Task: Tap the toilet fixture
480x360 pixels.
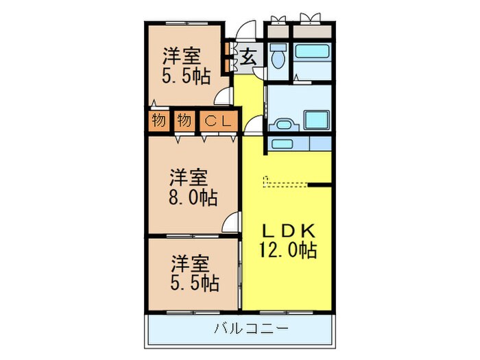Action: coord(278,58)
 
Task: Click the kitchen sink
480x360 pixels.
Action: coord(280,144)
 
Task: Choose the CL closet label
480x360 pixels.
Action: coord(217,121)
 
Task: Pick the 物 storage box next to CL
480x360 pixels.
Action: coord(183,121)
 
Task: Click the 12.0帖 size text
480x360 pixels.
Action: coord(287,250)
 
